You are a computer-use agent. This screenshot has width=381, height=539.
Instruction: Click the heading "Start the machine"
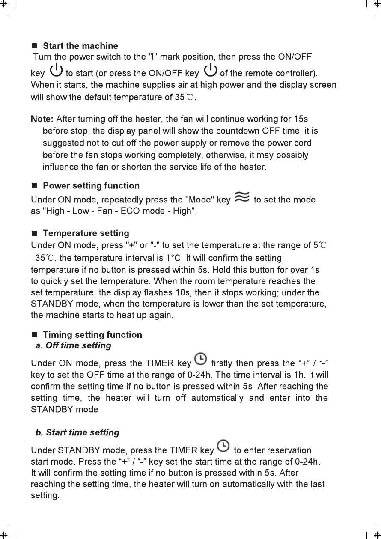[x=80, y=46]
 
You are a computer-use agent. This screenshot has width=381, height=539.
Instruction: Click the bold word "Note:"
[x=42, y=119]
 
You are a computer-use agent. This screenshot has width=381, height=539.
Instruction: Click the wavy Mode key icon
[x=242, y=197]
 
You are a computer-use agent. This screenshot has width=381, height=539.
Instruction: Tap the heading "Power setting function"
[x=91, y=186]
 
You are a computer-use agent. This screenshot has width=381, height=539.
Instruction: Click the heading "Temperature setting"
[x=86, y=233]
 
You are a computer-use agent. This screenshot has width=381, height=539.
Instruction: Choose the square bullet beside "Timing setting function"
[x=35, y=335]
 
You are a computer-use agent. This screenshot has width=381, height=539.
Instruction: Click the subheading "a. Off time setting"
[x=73, y=345]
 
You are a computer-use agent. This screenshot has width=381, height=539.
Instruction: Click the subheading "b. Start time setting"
[x=77, y=432]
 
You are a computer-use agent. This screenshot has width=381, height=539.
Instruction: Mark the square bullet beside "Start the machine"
[x=35, y=46]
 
